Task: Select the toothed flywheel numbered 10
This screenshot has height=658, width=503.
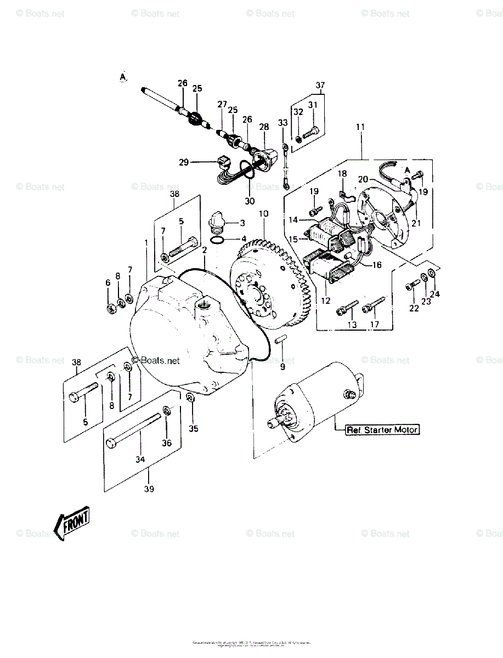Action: [x=270, y=285]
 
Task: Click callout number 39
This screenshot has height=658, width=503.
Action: [x=149, y=489]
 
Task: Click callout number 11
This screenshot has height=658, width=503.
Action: [x=360, y=127]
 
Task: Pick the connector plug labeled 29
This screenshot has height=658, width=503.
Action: [x=222, y=163]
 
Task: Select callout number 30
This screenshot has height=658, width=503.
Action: [x=250, y=201]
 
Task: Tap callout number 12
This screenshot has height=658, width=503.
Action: [x=326, y=300]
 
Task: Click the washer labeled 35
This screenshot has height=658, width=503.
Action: [x=189, y=398]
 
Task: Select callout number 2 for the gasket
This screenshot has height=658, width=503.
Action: [x=204, y=250]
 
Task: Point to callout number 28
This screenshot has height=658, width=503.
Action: [x=264, y=127]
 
